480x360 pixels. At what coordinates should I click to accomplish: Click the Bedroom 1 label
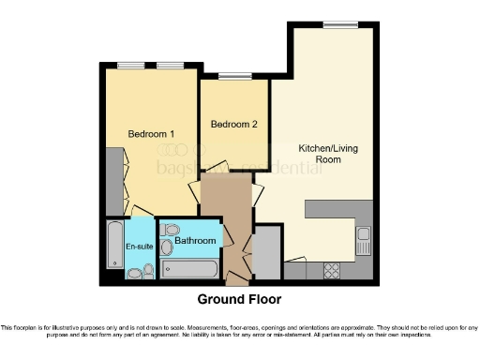(x=151, y=134)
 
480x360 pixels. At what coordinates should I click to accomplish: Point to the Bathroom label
(x=195, y=241)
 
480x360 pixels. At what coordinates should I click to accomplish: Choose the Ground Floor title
(x=239, y=299)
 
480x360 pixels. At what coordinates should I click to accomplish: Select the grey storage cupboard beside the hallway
(x=266, y=247)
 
